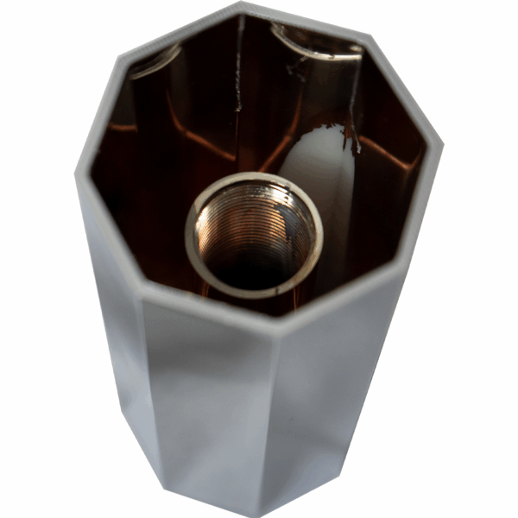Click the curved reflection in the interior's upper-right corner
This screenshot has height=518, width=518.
(x=319, y=43)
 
